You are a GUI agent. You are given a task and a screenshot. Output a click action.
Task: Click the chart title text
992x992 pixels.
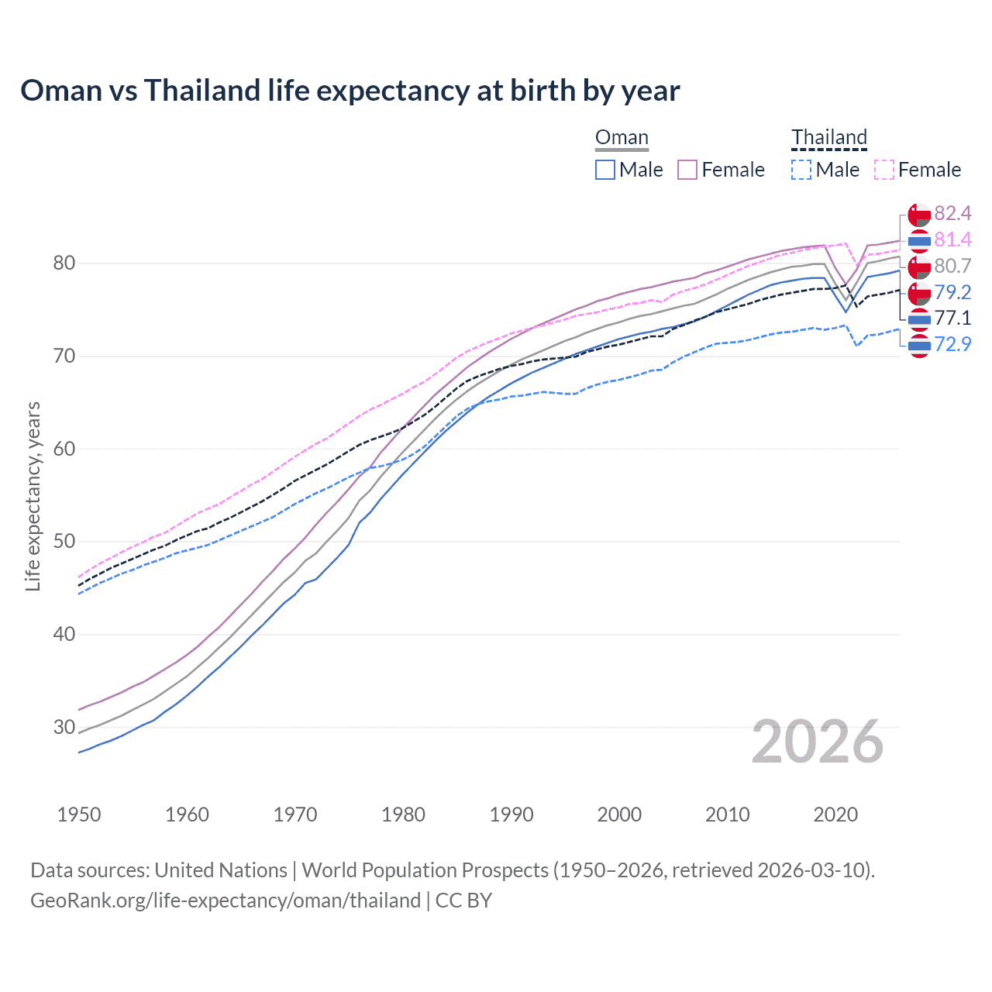[350, 91]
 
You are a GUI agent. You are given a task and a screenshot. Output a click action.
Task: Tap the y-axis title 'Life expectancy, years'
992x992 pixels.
[33, 496]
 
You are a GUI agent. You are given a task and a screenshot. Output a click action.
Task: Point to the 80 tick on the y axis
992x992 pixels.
[64, 263]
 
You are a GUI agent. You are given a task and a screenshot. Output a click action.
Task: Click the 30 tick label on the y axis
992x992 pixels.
[64, 727]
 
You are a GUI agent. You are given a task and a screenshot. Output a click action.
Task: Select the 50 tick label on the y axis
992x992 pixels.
[64, 542]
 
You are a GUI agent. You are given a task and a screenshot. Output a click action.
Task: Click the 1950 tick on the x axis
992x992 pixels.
[79, 815]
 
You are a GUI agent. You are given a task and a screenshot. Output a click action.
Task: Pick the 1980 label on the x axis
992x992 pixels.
[403, 815]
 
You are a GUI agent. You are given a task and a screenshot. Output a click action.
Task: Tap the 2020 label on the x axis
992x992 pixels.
[835, 815]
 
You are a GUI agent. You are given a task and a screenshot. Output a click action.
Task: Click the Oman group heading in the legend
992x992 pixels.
[622, 138]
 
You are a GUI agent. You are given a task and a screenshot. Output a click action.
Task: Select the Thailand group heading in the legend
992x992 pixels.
[828, 138]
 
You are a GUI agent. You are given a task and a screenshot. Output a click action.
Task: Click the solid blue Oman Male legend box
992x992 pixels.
[605, 170]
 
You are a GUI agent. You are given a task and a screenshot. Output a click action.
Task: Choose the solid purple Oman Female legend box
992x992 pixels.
[687, 170]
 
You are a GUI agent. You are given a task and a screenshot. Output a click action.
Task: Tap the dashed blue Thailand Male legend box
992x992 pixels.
[801, 170]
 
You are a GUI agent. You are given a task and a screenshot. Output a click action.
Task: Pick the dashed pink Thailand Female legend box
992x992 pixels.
[883, 170]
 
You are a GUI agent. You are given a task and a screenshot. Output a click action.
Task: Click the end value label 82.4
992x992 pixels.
[952, 214]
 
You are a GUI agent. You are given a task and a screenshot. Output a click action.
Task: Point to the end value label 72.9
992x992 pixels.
[952, 344]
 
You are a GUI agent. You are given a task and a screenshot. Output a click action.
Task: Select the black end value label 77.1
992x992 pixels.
[952, 318]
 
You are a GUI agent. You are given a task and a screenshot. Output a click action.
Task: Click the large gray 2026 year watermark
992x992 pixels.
[818, 742]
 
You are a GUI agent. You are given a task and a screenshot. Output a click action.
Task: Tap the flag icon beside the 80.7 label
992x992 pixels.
[919, 267]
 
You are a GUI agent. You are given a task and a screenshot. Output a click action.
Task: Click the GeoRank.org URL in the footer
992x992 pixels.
[226, 901]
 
